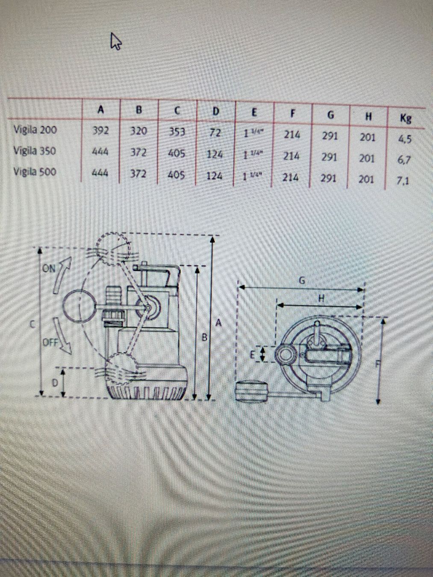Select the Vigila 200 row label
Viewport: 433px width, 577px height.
35,130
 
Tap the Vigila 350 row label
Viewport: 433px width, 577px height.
35,151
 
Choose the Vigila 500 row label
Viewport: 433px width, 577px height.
35,172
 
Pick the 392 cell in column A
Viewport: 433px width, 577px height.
101,130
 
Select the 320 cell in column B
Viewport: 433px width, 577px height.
138,131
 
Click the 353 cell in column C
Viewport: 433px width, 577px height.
176,132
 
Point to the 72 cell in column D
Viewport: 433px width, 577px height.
215,132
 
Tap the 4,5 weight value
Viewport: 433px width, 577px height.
404,139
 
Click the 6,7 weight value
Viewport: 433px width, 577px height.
404,160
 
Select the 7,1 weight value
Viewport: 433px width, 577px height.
403,181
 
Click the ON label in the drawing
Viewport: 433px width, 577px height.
49,268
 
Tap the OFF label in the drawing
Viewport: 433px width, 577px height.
50,343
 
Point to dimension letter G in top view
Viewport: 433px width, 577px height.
302,281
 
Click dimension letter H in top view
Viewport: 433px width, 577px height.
321,299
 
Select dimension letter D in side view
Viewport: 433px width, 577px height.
55,383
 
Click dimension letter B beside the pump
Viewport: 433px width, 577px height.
204,338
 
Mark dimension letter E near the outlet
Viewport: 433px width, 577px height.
252,354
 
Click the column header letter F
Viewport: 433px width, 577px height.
292,114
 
